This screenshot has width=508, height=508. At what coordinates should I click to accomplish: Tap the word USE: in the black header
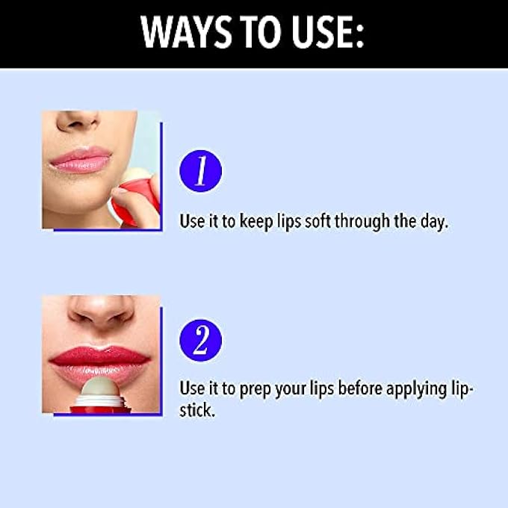point(327,32)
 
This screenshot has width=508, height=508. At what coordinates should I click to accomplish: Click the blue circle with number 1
point(200,171)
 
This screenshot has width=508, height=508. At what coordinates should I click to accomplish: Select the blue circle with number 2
point(200,340)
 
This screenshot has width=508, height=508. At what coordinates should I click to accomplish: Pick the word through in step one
point(362,222)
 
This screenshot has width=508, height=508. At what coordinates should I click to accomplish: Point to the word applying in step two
point(417,389)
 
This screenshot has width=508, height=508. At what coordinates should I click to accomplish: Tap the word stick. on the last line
point(197,410)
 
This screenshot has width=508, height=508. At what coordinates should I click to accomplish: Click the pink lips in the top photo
point(81,159)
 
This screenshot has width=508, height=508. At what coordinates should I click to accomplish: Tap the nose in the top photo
point(76,120)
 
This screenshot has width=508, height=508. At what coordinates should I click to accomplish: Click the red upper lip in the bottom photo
point(100,356)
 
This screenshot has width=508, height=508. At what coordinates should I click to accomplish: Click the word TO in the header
point(261,32)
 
